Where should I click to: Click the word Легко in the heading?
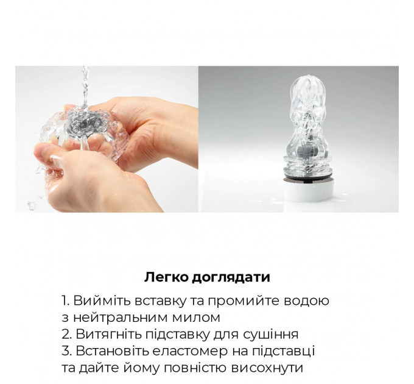point(164,277)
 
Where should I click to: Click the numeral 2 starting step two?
point(66,335)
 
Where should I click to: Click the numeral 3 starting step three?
point(66,352)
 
